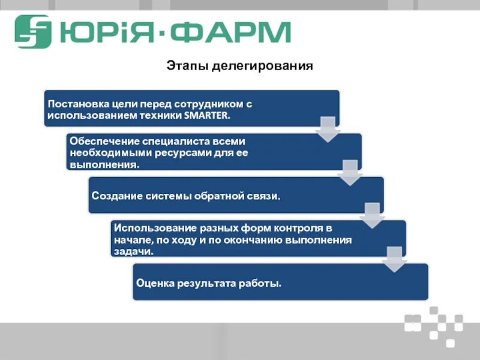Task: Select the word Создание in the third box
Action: (x=113, y=196)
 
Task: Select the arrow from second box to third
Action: (x=350, y=173)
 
